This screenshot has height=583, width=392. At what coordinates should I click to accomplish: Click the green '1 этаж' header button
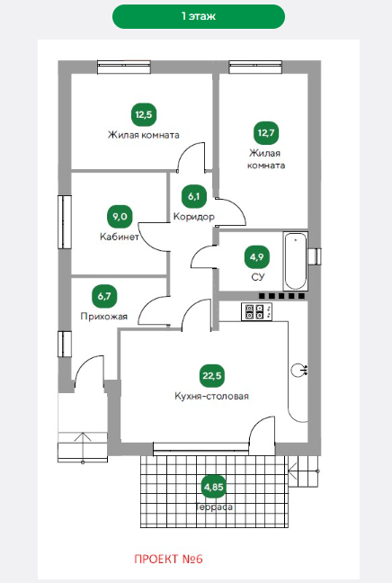pyautogui.click(x=199, y=16)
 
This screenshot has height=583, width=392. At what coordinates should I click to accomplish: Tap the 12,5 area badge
pyautogui.click(x=144, y=114)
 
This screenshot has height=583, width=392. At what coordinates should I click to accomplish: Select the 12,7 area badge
pyautogui.click(x=266, y=132)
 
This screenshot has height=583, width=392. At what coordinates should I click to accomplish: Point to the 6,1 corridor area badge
pyautogui.click(x=194, y=196)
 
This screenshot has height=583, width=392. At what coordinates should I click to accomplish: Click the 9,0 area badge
pyautogui.click(x=120, y=217)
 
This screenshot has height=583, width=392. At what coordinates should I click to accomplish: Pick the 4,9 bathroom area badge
pyautogui.click(x=257, y=256)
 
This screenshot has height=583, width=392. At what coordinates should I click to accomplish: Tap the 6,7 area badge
pyautogui.click(x=104, y=296)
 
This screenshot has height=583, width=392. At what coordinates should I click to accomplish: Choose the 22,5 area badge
pyautogui.click(x=212, y=375)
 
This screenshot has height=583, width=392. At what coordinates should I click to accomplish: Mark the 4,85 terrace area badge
pyautogui.click(x=214, y=487)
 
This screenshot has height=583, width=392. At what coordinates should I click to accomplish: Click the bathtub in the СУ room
pyautogui.click(x=296, y=261)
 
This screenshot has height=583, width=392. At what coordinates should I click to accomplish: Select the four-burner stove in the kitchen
pyautogui.click(x=257, y=311)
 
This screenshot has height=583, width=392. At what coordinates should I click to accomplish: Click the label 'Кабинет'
pyautogui.click(x=120, y=237)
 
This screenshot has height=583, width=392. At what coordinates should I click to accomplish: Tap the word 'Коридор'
pyautogui.click(x=194, y=217)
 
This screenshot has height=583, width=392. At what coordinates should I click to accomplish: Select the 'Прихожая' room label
pyautogui.click(x=104, y=317)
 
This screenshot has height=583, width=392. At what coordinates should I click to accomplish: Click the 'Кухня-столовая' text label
pyautogui.click(x=211, y=396)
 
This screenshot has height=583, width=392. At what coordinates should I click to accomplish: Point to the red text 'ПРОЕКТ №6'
pyautogui.click(x=168, y=560)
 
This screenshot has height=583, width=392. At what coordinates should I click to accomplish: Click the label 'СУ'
pyautogui.click(x=257, y=277)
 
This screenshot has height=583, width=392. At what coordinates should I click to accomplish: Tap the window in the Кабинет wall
pyautogui.click(x=64, y=222)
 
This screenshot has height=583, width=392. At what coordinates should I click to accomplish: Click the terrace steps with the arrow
pyautogui.click(x=304, y=471)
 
